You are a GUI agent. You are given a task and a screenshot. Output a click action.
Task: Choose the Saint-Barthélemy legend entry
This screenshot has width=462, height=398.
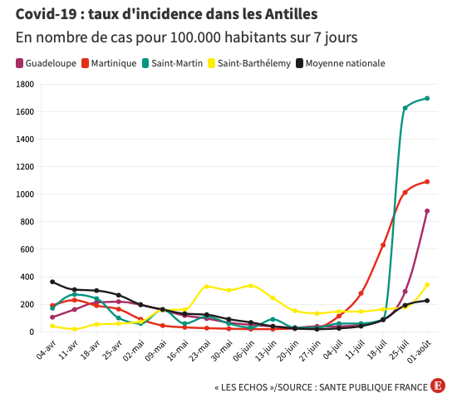[x=253, y=63]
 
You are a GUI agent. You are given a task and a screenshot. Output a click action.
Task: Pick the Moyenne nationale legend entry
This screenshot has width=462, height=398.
[x=345, y=63]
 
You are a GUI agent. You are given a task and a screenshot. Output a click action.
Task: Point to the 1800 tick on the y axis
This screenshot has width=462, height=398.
[x=24, y=84]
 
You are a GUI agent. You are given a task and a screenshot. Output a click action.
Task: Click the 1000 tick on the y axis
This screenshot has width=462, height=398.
[x=24, y=194]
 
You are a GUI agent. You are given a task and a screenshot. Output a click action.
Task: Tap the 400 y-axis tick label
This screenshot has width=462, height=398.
[x=27, y=277]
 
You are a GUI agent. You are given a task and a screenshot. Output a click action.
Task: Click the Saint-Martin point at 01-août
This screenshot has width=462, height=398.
[x=427, y=98]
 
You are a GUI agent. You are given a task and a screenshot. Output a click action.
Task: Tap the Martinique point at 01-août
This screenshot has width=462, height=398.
[x=427, y=181]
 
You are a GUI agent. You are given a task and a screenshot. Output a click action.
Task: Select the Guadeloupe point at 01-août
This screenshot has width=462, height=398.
[x=427, y=211]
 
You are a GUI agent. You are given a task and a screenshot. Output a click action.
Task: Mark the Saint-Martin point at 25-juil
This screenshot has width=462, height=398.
[x=405, y=108]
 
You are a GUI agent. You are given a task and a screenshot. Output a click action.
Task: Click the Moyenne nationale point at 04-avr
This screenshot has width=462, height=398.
[x=52, y=282]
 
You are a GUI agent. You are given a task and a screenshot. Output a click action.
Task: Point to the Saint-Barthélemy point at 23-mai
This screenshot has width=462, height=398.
[x=207, y=287]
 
